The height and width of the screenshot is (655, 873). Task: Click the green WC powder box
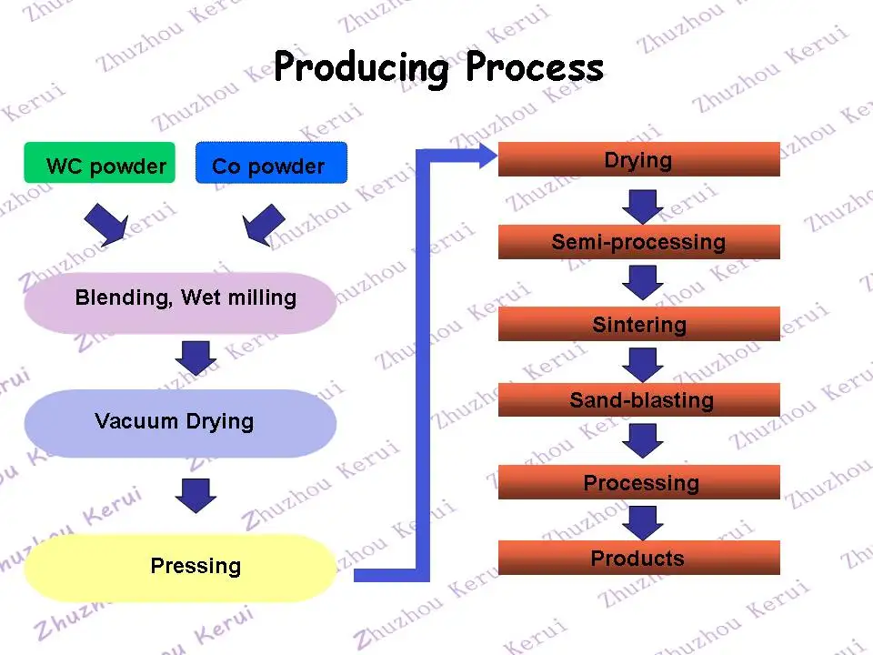(100, 163)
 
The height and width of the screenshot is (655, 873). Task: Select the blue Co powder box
(271, 163)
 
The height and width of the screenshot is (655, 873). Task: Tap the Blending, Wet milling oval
(180, 303)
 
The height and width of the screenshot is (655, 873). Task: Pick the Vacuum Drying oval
(180, 423)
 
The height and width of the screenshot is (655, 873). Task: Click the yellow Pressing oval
(180, 568)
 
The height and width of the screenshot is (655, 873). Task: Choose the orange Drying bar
(638, 159)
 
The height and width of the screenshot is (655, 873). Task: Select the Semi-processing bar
(638, 242)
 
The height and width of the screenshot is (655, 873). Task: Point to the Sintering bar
(638, 324)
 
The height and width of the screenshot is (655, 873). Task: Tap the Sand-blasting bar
(638, 399)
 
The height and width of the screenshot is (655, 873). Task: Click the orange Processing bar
(638, 482)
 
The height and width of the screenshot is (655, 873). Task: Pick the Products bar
(638, 558)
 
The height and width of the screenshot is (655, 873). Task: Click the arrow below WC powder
(106, 224)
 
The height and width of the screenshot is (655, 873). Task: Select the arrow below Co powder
(264, 225)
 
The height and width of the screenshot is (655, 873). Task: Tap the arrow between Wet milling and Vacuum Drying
(196, 358)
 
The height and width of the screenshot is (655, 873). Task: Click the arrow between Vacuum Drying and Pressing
(196, 496)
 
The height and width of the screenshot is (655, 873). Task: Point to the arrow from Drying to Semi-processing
(643, 207)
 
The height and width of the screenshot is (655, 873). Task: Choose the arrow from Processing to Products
(643, 523)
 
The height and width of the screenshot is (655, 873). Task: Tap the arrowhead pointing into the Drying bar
(487, 156)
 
